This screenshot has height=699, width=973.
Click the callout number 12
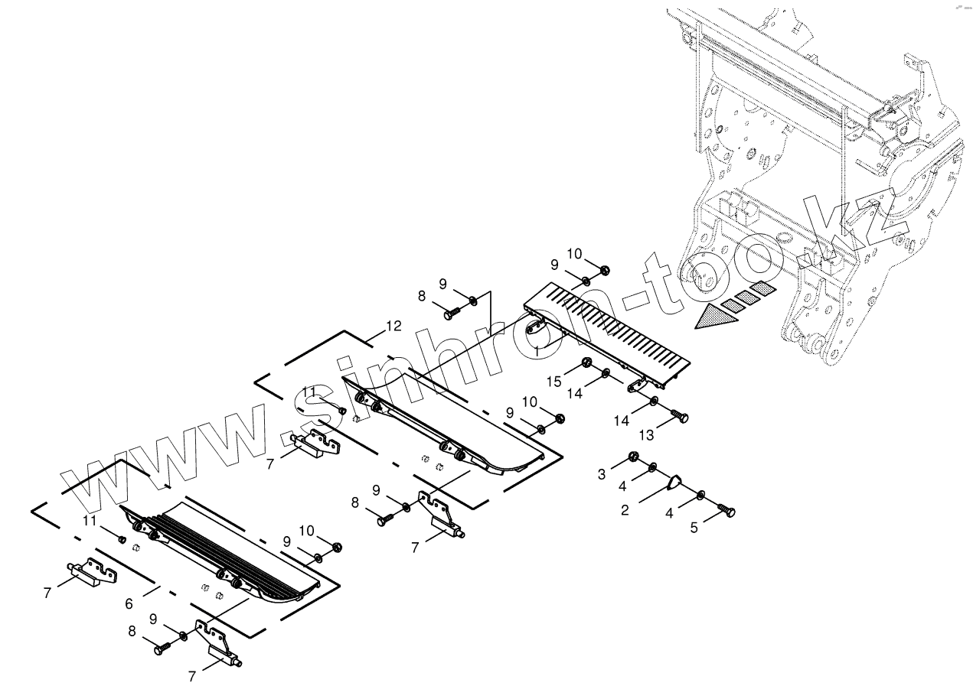tap(393, 326)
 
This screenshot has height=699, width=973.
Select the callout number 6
tap(129, 604)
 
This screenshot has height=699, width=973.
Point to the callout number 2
tap(625, 510)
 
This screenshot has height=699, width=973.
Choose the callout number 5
tap(694, 527)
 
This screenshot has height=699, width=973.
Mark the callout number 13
tap(647, 435)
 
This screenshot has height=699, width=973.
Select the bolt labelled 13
tap(679, 417)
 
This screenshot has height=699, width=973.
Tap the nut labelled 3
tap(634, 457)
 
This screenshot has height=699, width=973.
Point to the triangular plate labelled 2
tap(674, 483)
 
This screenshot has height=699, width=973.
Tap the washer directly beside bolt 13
tap(656, 402)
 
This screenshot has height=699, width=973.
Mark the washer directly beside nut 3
tap(652, 467)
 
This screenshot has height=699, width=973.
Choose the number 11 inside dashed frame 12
tap(309, 392)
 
